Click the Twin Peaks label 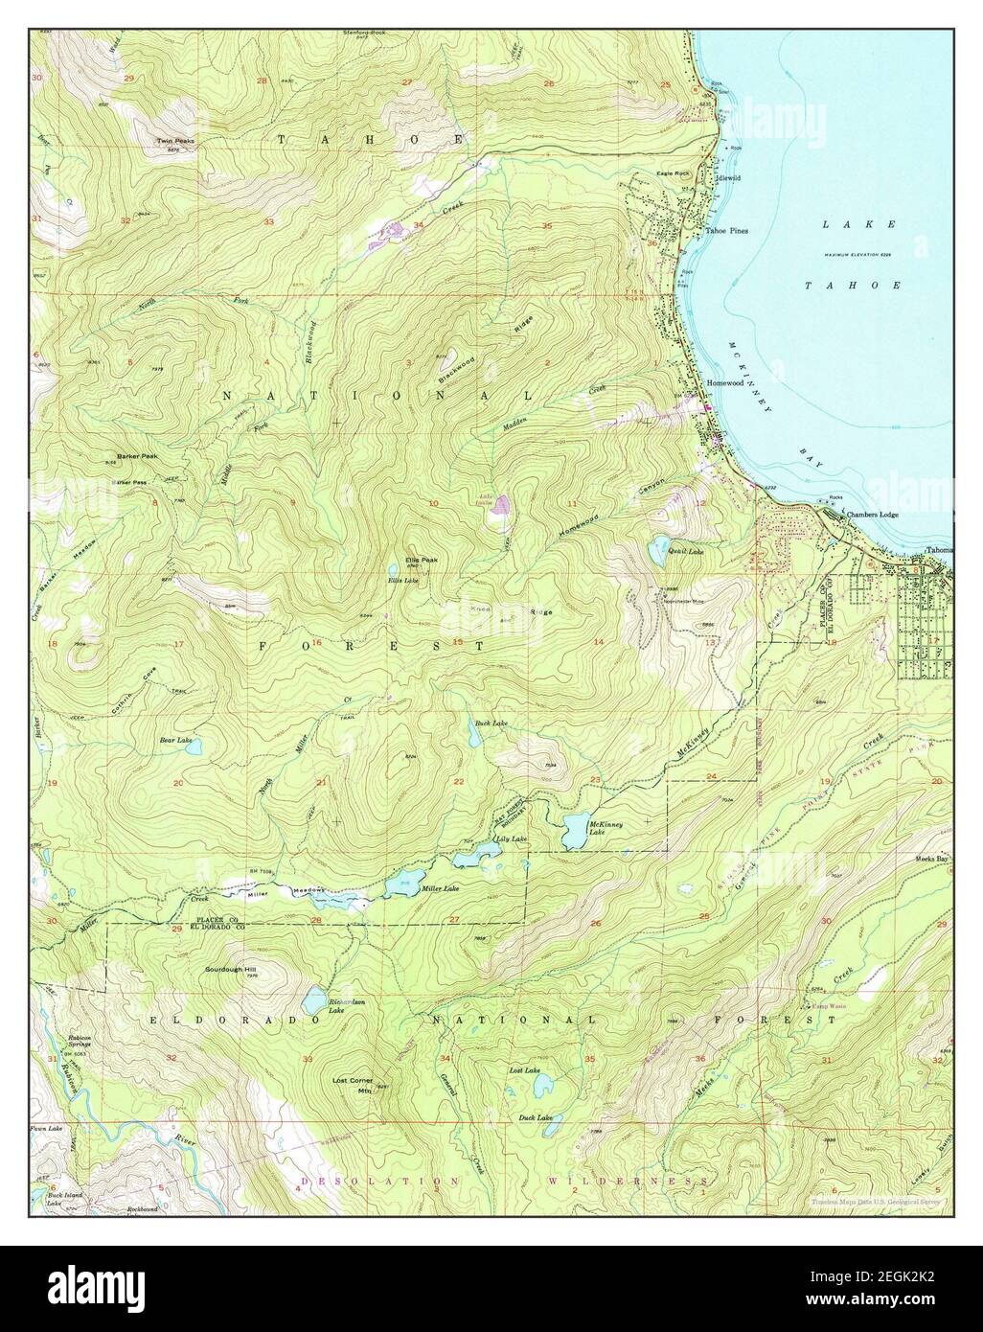tap(175, 141)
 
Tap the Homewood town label tap(725, 383)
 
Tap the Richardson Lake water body tap(313, 1001)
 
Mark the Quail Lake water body tap(660, 548)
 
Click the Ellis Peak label tap(421, 560)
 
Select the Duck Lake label tap(536, 1117)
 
